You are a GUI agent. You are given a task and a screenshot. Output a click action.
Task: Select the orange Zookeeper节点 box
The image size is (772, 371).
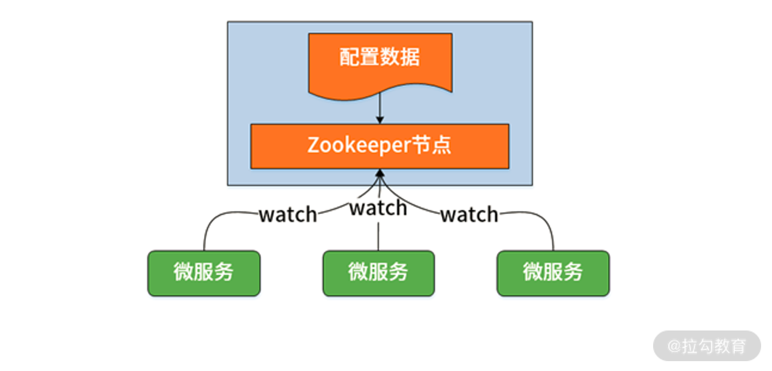[380, 146]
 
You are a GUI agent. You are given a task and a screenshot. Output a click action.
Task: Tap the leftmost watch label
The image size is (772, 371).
[288, 214]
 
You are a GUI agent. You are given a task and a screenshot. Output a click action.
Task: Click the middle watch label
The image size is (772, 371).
[378, 208]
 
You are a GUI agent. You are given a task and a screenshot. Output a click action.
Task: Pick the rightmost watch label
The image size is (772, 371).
[469, 214]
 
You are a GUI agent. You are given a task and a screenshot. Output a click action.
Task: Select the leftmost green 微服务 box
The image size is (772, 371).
[204, 273]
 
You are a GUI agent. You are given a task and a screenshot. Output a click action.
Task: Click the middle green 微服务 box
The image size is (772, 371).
[378, 273]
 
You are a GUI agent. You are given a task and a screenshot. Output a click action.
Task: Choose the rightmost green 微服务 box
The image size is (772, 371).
[553, 273]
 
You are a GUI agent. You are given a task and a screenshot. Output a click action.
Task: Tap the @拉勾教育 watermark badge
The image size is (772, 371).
[707, 346]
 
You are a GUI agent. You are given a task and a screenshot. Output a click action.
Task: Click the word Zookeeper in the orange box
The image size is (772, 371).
[359, 146]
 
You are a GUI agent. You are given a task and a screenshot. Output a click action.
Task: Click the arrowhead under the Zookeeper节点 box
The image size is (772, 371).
[380, 173]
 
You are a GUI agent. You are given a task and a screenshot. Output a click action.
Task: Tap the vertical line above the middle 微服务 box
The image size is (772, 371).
[378, 236]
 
